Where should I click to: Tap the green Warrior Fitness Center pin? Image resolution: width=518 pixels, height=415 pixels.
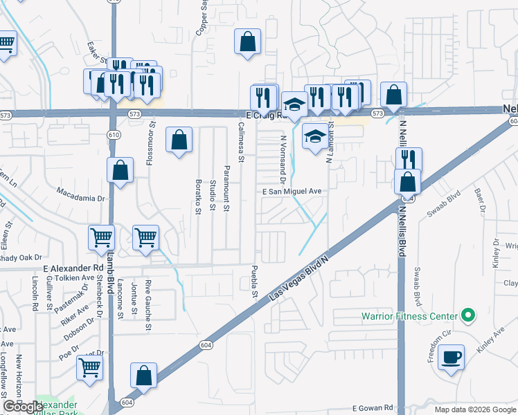point(467,316)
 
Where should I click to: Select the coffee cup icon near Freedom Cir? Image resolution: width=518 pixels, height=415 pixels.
point(451,358)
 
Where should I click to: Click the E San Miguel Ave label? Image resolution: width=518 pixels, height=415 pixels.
point(292,192)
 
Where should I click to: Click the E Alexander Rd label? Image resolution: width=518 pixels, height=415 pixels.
point(69,267)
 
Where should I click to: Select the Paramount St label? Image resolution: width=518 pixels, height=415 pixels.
point(226,187)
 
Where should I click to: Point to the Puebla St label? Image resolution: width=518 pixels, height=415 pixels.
point(255,282)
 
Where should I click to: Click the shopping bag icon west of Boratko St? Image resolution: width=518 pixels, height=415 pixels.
point(179,140)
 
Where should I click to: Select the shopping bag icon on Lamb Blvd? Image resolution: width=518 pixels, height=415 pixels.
point(120,170)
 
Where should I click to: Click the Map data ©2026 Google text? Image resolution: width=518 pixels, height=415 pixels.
point(470,409)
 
